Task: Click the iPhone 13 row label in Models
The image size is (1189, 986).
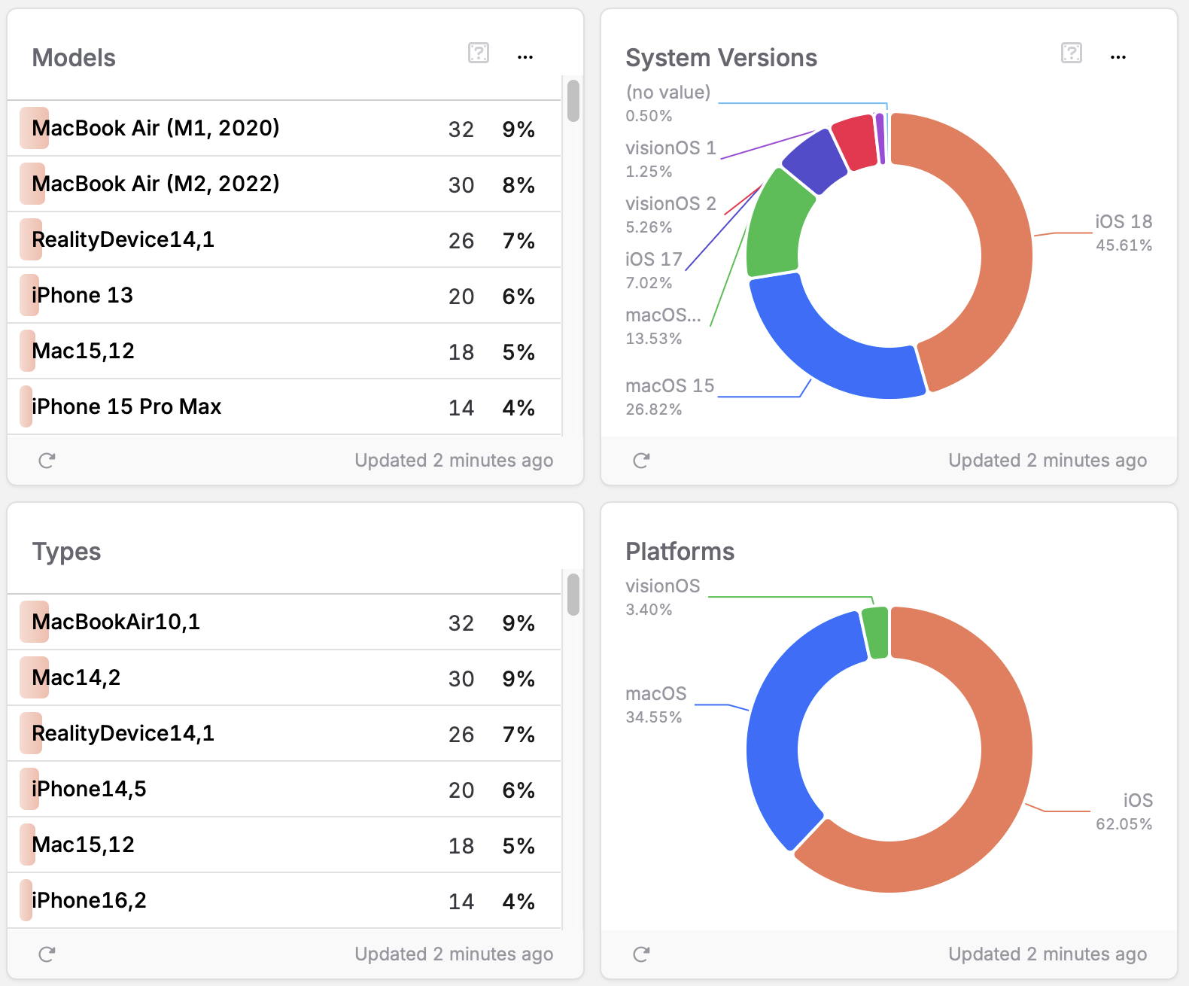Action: pos(82,295)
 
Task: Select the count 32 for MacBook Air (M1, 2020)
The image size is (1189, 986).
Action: pos(461,129)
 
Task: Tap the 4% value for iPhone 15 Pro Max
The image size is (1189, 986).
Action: pos(518,408)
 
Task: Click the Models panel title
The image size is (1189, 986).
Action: pos(74,58)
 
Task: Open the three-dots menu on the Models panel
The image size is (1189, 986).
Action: pos(525,57)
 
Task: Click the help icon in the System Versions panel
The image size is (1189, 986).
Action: pos(1071,53)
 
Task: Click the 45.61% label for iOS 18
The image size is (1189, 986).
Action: pos(1124,245)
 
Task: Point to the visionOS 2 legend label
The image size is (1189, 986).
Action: pos(671,204)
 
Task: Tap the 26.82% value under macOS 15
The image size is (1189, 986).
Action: pos(653,409)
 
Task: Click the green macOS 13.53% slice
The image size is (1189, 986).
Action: pos(775,226)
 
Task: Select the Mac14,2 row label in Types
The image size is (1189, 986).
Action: pos(76,677)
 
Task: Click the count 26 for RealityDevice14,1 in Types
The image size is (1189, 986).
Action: pos(461,735)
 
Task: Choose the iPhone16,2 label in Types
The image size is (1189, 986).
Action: pos(89,900)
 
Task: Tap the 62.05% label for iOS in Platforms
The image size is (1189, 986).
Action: pos(1124,824)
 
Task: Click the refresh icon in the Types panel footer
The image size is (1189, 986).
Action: pos(47,954)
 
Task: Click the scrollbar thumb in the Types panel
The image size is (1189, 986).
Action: pos(573,595)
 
